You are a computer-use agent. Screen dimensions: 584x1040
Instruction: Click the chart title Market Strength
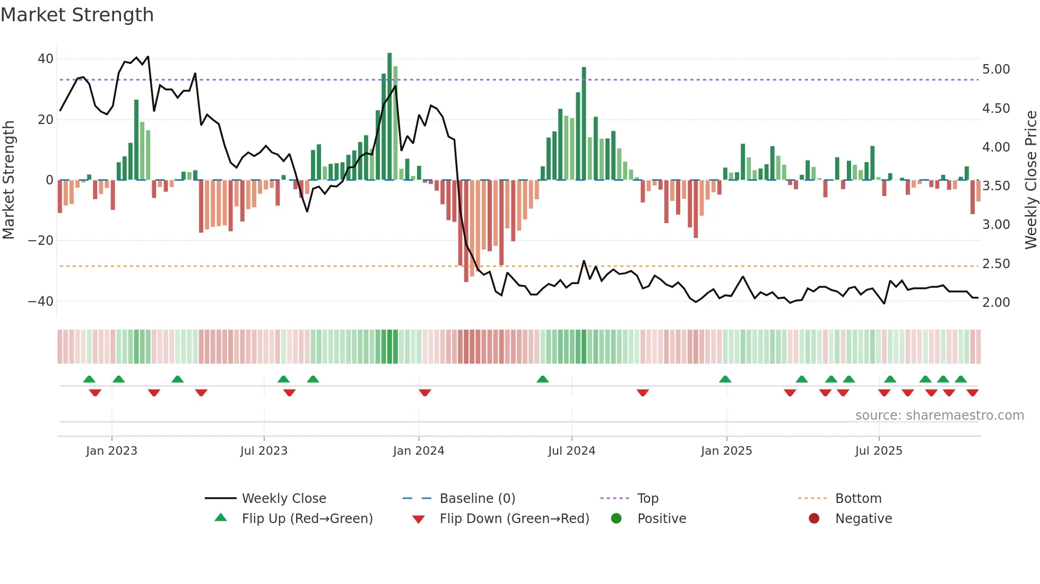click(x=77, y=15)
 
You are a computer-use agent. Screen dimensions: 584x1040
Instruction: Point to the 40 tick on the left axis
click(x=46, y=59)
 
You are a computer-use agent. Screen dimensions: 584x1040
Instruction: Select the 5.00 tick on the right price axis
click(x=996, y=69)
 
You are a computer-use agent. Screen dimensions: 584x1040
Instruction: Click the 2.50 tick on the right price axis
click(x=996, y=264)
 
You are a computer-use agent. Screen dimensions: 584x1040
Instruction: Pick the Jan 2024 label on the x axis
click(x=418, y=451)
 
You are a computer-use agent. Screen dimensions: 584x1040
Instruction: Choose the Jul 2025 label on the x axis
click(x=878, y=451)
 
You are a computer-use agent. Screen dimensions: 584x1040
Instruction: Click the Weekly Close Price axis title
click(x=1030, y=180)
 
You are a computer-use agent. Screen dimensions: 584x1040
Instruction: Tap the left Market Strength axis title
click(x=8, y=180)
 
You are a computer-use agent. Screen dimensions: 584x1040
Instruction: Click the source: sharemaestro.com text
click(x=939, y=415)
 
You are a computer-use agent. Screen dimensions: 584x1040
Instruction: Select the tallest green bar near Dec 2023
click(x=389, y=117)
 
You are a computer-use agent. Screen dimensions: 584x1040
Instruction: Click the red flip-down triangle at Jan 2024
click(x=424, y=393)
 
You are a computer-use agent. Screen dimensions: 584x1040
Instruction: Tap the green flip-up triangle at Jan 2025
click(x=725, y=379)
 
